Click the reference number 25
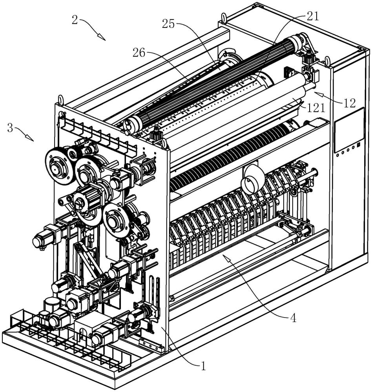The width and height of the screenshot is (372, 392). click(168, 24)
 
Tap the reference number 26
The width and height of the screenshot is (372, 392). click(139, 53)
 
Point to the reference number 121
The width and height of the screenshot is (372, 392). click(316, 108)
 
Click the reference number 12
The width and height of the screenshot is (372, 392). click(350, 103)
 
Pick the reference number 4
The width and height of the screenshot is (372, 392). click(293, 318)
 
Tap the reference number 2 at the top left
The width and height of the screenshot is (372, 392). click(75, 20)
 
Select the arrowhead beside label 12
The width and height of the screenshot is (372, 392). click(318, 94)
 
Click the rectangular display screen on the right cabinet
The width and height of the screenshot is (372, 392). click(349, 129)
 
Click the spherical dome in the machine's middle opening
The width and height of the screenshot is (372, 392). click(252, 179)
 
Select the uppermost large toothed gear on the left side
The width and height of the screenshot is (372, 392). click(60, 167)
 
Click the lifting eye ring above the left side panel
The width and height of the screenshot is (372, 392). click(60, 100)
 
